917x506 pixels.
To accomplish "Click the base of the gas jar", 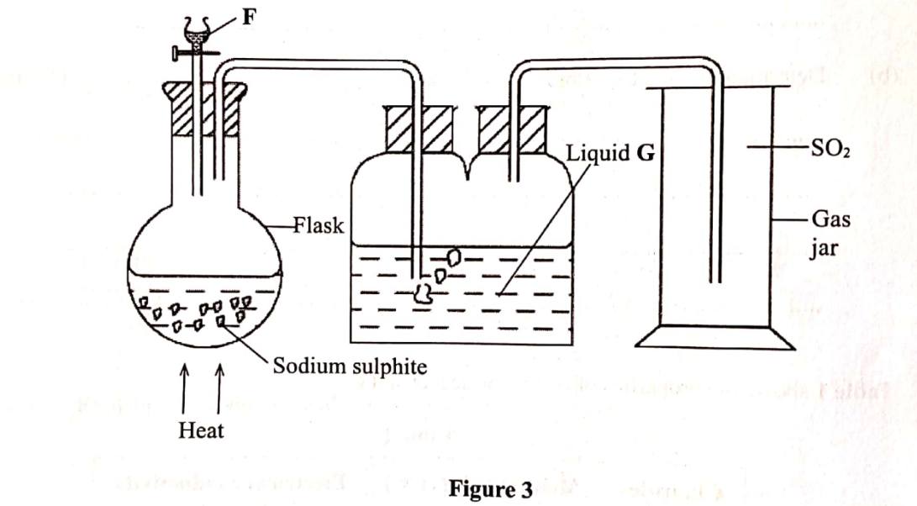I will click(714, 337).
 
